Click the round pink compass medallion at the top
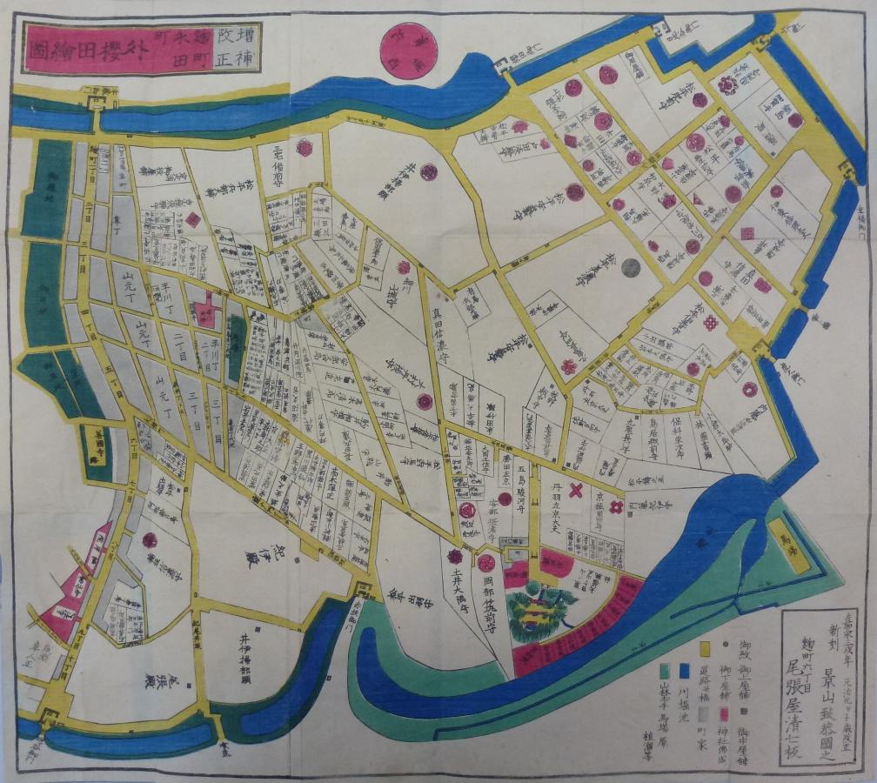click(x=409, y=50)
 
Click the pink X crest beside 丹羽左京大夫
click(x=575, y=491)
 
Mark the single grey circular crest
click(x=632, y=267)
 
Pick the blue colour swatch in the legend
click(x=685, y=671)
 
